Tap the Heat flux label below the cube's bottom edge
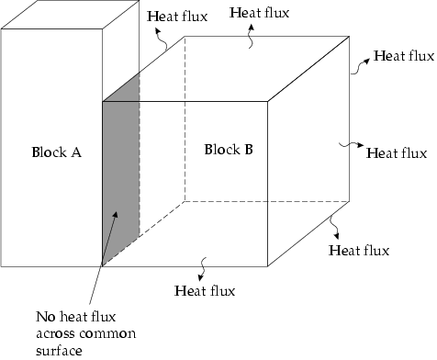[x=205, y=291]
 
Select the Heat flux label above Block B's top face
[x=256, y=13]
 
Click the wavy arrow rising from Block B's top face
[x=252, y=34]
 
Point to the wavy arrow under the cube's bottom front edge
[x=204, y=272]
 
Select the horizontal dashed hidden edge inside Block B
[x=266, y=199]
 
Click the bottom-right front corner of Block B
[x=268, y=265]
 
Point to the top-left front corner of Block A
[x=1, y=30]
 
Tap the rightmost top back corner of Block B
[x=350, y=37]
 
